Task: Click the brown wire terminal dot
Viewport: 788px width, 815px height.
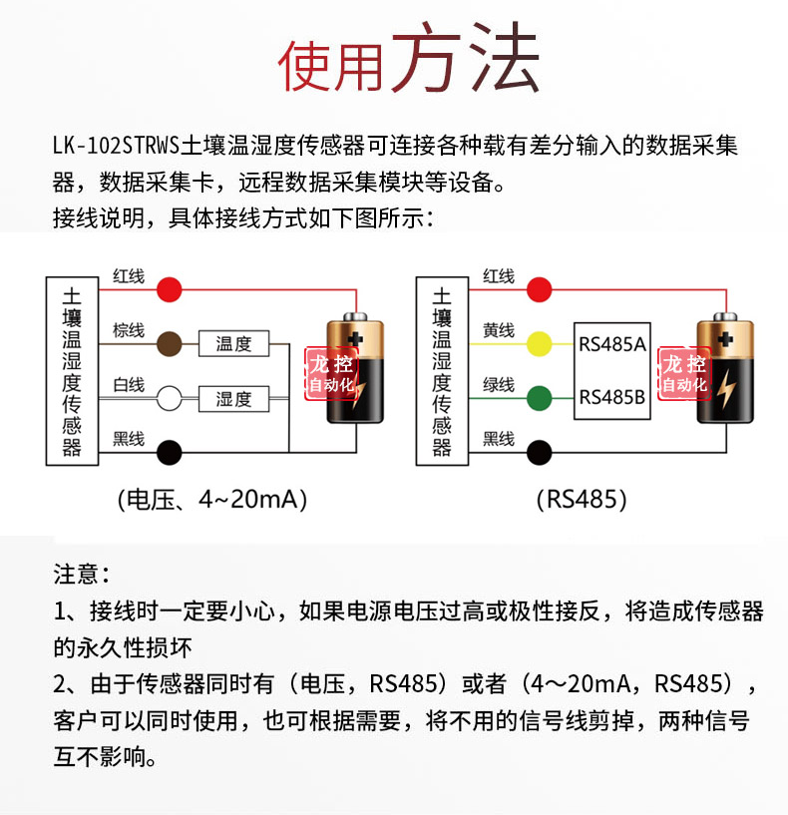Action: point(170,343)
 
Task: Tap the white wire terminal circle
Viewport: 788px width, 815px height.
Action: point(170,399)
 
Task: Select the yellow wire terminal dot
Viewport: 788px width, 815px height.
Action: point(539,343)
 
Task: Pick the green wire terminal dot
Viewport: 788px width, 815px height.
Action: point(539,399)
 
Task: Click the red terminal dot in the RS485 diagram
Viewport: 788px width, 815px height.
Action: point(539,289)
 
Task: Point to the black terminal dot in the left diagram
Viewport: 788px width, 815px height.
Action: point(170,452)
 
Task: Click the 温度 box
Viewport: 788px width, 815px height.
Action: point(233,343)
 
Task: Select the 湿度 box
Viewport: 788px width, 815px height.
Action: point(233,399)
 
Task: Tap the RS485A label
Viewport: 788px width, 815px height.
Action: point(612,344)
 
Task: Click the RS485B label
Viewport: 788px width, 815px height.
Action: point(612,398)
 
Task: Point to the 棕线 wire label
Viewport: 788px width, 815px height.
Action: point(129,330)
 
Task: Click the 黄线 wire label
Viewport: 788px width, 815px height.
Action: point(499,330)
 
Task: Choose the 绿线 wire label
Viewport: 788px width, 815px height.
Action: point(499,385)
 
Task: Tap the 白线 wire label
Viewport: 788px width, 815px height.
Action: point(129,385)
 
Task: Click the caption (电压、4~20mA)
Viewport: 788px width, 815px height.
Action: point(212,500)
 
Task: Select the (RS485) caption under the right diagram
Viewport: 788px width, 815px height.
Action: point(582,500)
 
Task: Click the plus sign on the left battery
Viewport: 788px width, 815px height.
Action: point(355,339)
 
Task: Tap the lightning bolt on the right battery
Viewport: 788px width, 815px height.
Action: point(726,387)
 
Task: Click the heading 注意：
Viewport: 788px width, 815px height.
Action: point(82,575)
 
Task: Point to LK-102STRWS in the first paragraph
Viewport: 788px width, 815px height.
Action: point(116,146)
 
